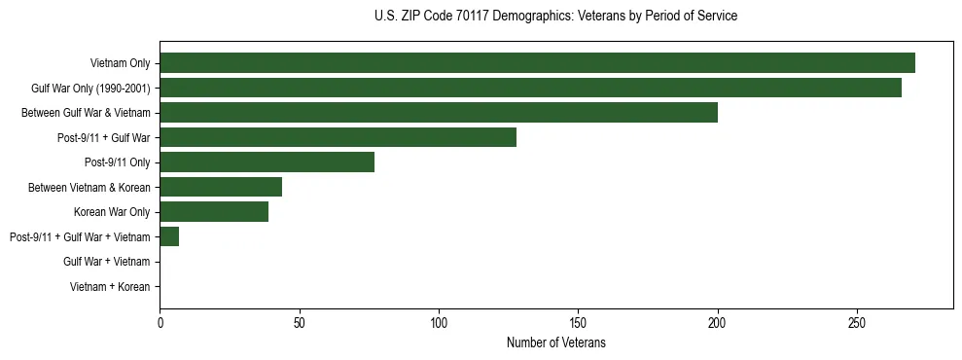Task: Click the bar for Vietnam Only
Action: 537,63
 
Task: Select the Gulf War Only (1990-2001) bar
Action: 530,89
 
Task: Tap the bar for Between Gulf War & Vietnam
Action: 439,113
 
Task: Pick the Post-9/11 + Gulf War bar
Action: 338,137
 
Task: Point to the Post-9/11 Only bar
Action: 267,162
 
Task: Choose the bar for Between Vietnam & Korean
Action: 221,187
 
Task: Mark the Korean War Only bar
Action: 214,212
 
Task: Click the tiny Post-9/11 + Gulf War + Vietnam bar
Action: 169,236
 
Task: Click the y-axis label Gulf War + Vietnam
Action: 107,262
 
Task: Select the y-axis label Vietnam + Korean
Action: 110,287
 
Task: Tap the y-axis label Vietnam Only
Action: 120,63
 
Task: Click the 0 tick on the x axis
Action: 160,322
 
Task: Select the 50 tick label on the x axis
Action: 300,322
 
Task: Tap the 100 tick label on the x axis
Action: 439,322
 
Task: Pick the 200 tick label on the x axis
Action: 717,322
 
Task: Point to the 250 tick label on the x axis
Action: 857,322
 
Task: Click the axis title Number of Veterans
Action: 555,342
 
